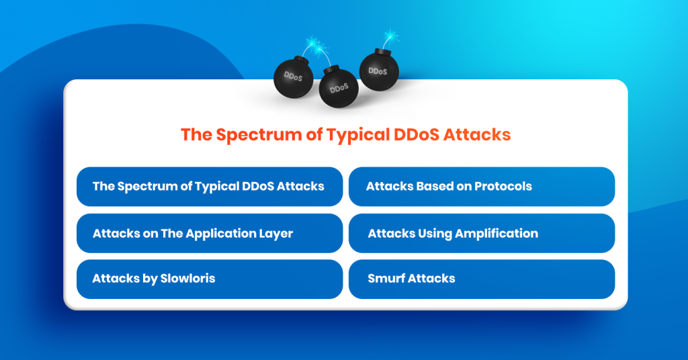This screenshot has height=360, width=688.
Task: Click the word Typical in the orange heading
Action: tap(357, 134)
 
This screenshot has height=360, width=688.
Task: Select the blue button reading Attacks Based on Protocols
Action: tap(481, 186)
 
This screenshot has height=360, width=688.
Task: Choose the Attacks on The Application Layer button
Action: tap(210, 233)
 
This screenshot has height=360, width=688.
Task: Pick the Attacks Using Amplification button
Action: tap(481, 233)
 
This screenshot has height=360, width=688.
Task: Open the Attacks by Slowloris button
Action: tap(210, 279)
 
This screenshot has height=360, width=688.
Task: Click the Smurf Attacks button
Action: tap(481, 279)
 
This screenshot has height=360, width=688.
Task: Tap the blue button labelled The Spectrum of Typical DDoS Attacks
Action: tap(210, 186)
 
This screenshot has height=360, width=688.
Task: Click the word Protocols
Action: tap(503, 186)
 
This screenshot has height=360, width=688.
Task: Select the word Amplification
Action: tap(497, 233)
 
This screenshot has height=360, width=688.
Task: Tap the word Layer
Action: tap(277, 234)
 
